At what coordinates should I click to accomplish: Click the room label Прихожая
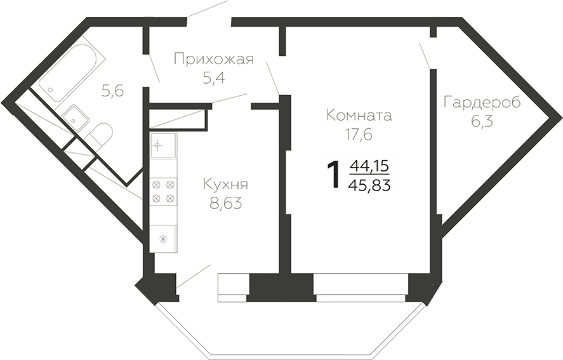click(x=213, y=60)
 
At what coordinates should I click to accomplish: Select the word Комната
click(x=358, y=116)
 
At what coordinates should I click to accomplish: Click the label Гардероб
click(x=482, y=102)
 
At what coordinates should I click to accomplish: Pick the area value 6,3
click(x=482, y=121)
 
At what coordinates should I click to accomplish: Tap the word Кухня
click(x=225, y=185)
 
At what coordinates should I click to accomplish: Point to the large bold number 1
click(x=331, y=175)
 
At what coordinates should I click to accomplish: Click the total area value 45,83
click(x=369, y=185)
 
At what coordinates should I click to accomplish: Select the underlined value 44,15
click(x=369, y=166)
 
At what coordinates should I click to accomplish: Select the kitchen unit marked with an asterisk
click(x=163, y=239)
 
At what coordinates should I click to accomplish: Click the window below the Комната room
click(x=361, y=287)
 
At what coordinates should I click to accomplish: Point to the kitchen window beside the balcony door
click(x=232, y=287)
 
